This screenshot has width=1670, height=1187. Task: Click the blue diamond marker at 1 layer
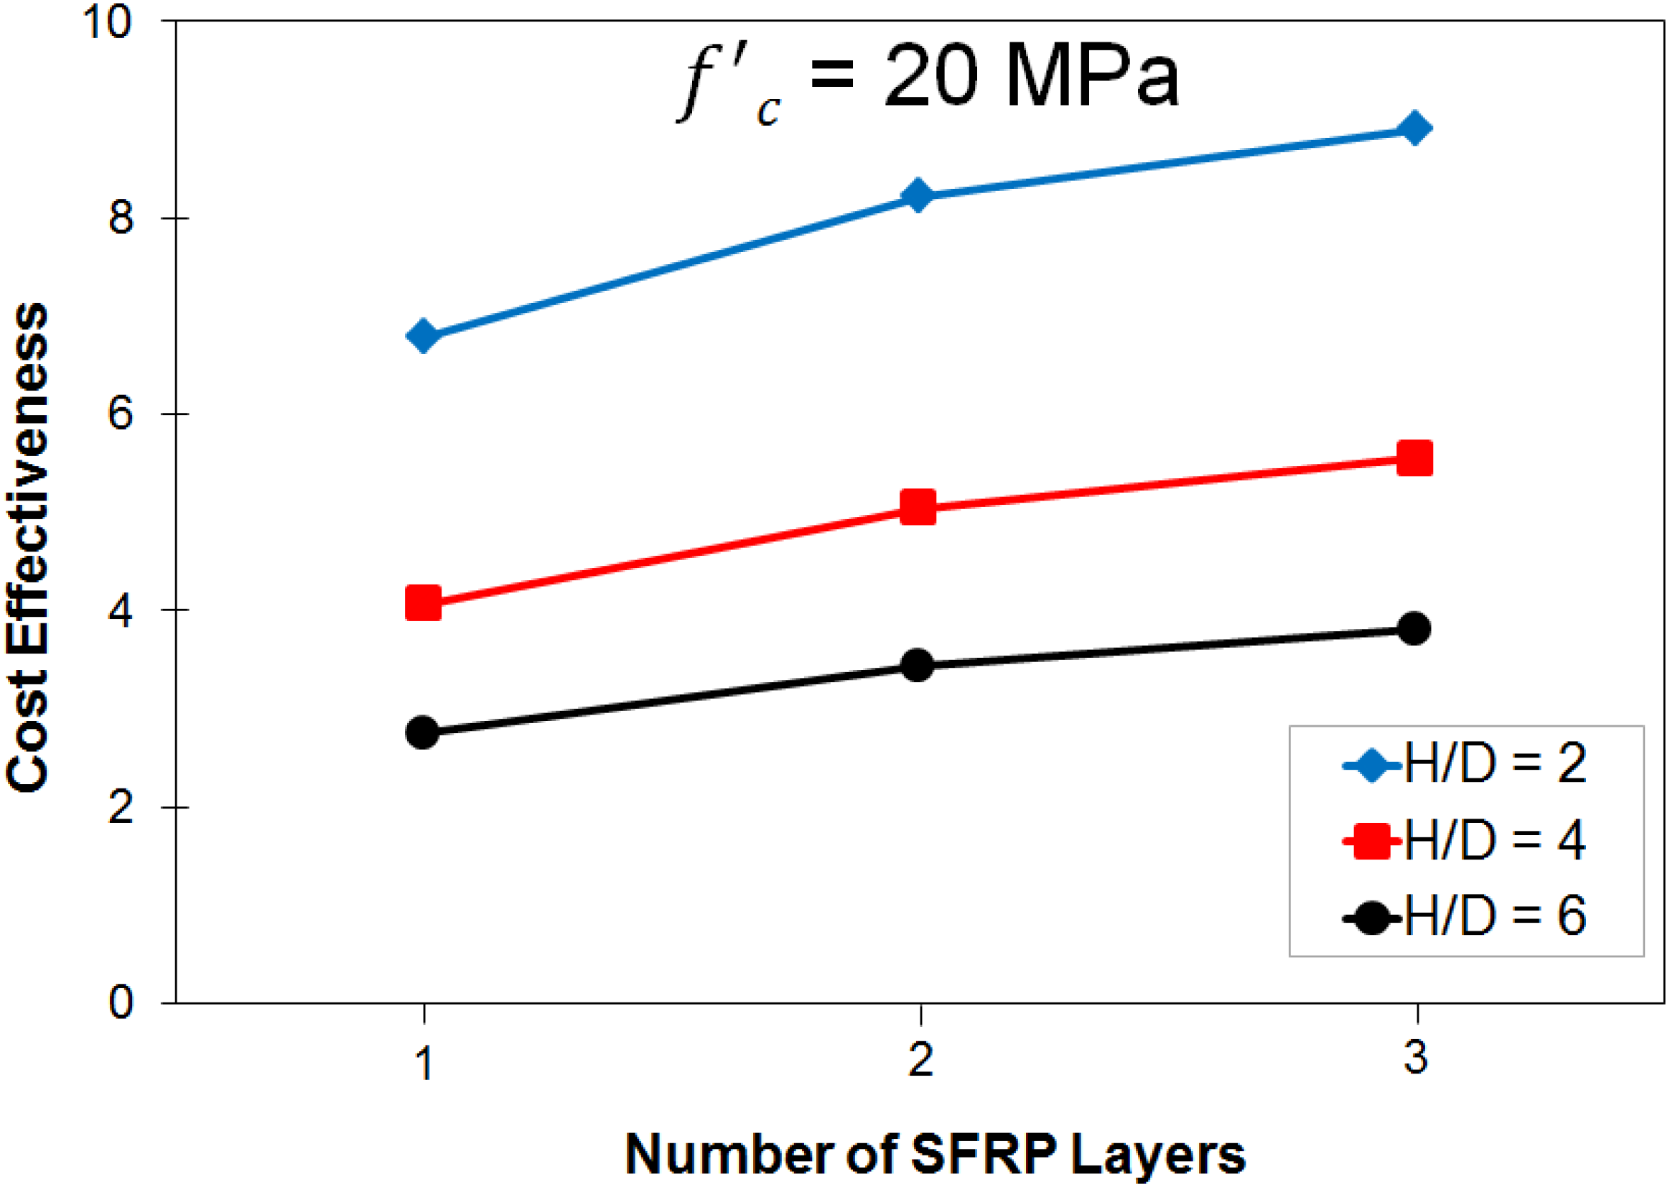tap(422, 336)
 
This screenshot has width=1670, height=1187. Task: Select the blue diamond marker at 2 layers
tap(918, 196)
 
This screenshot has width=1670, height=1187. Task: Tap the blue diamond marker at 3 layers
tap(1414, 129)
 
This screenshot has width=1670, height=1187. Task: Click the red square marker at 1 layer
tap(422, 603)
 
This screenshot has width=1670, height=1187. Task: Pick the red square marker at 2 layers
tap(918, 507)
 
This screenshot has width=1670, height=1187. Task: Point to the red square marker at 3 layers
tap(1414, 458)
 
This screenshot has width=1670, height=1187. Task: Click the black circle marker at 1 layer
tap(422, 732)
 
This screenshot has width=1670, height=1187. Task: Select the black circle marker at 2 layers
tap(918, 665)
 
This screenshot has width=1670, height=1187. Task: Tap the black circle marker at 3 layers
tap(1414, 628)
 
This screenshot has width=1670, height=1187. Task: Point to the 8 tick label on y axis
tap(121, 217)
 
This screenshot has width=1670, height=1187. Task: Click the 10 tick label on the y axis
tap(108, 22)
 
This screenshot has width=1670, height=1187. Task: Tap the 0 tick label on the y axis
tap(121, 1002)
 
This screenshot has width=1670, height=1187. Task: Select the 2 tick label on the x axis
tap(920, 1061)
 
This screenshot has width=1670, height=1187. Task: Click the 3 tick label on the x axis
tap(1416, 1059)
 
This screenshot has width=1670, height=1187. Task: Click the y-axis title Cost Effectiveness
tap(28, 548)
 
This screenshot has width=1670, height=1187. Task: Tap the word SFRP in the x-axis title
tap(984, 1154)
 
